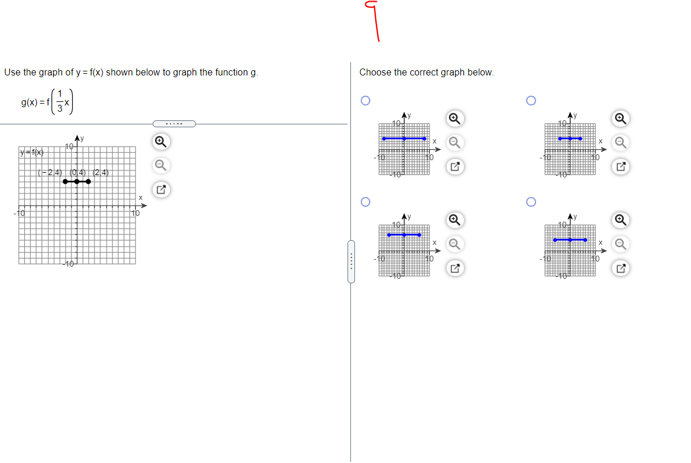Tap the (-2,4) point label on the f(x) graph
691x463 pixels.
50,172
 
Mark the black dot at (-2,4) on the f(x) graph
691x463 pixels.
65,182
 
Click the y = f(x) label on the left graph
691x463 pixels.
31,153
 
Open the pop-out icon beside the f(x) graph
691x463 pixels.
161,189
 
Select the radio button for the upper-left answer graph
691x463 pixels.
364,101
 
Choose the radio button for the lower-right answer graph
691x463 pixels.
531,202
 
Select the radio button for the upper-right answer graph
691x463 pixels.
531,101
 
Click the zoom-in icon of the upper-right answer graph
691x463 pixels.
620,118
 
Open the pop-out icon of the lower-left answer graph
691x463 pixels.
454,268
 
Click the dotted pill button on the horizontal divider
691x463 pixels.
174,123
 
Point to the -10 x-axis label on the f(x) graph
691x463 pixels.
19,214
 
